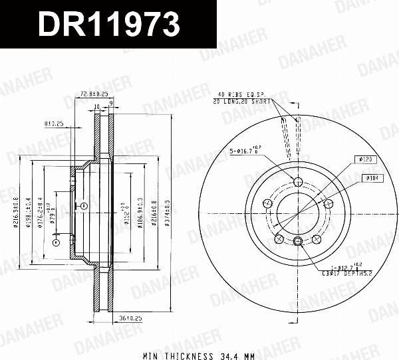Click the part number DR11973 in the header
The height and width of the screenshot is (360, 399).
[x=108, y=25]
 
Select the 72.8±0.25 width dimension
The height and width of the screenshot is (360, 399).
[x=94, y=94]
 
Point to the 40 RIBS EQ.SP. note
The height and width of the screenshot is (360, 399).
[x=241, y=95]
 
